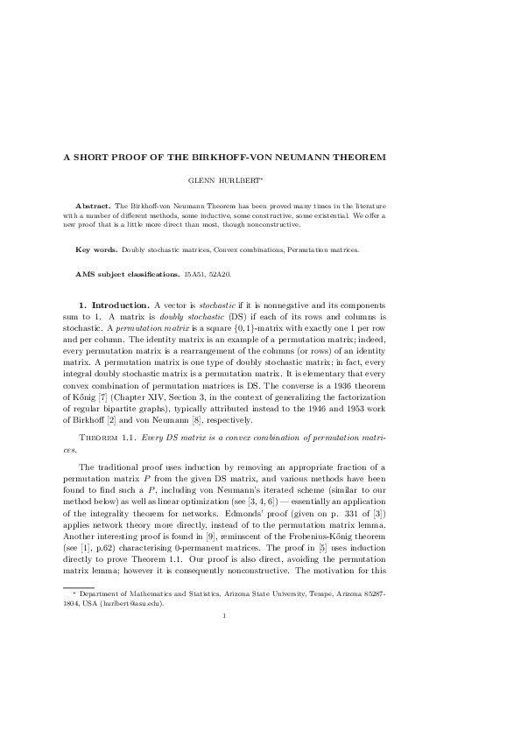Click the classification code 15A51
click(195, 275)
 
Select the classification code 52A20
click(220, 275)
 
